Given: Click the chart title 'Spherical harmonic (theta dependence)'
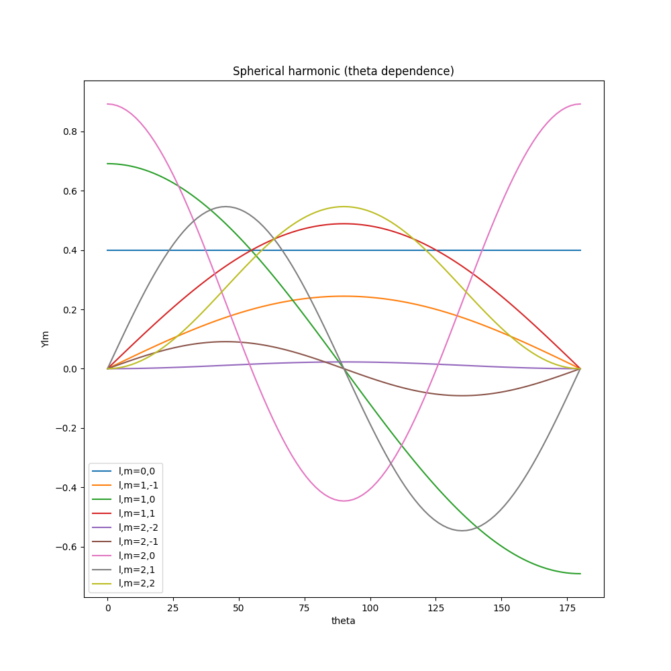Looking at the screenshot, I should (x=343, y=71).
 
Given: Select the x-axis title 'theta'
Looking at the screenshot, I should (x=343, y=621).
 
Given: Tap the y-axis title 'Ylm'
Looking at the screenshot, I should (x=46, y=339).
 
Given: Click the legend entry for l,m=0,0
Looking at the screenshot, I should (x=136, y=471).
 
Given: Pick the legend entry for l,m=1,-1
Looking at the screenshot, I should (x=138, y=485).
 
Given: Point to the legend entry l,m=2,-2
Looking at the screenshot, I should (x=138, y=527).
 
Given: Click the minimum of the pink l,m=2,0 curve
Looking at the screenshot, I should (x=344, y=501).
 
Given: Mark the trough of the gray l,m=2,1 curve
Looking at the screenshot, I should (x=462, y=531).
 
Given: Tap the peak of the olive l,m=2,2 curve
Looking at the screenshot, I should (x=344, y=206).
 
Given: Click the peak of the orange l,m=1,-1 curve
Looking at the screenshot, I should (x=344, y=296).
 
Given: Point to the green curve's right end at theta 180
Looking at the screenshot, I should (x=580, y=574).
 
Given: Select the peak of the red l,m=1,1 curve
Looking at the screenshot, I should (x=344, y=223).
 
